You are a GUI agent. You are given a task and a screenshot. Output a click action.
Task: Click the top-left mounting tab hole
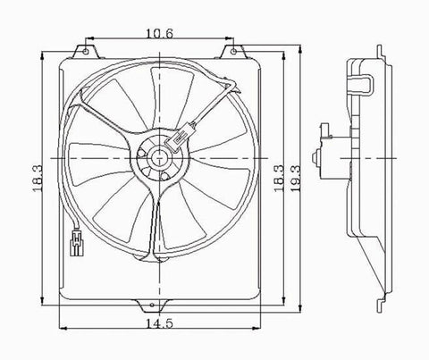pyautogui.click(x=87, y=49)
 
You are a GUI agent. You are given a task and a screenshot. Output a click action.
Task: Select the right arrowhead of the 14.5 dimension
pyautogui.click(x=256, y=326)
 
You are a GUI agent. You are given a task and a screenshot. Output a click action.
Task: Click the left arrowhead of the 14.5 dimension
pyautogui.click(x=60, y=326)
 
